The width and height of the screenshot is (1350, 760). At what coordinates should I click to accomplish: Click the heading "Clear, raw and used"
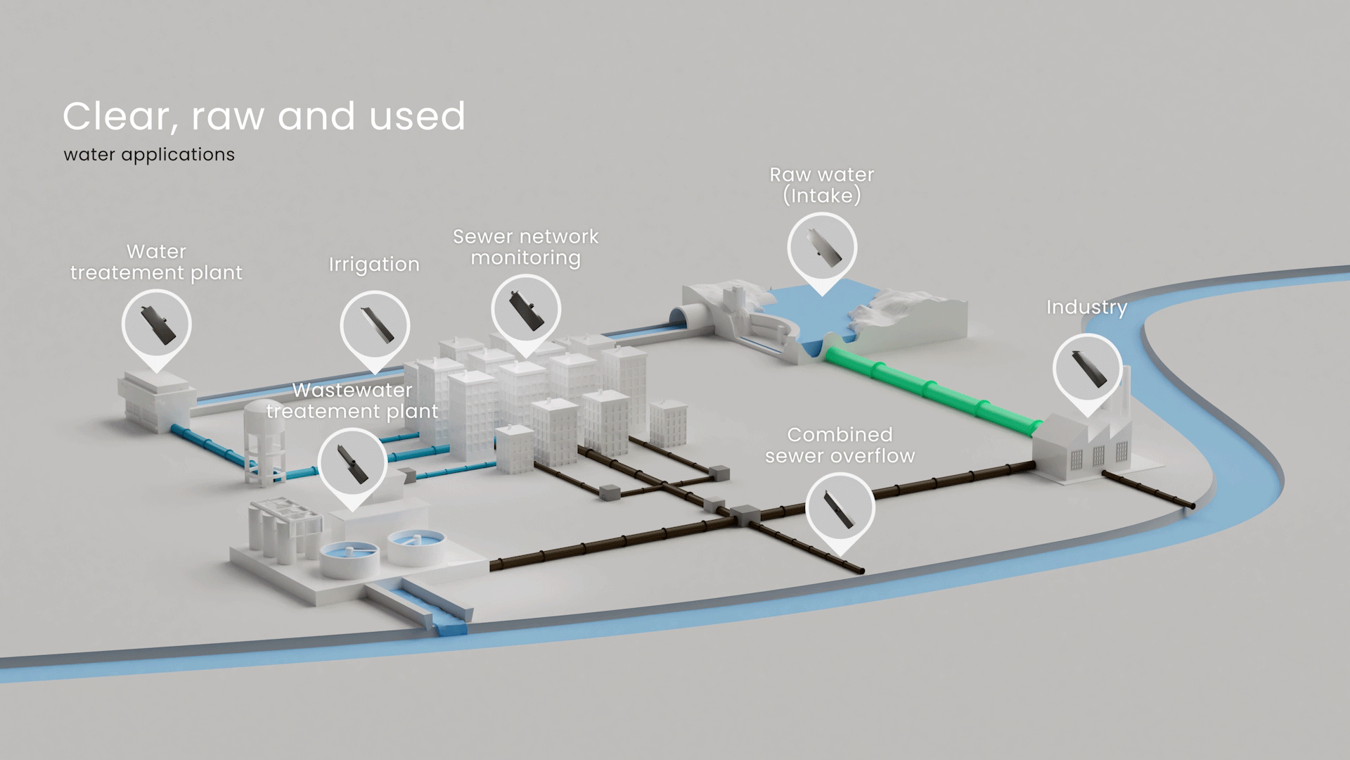[264, 116]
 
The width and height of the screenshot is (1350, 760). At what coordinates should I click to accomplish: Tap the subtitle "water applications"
[149, 155]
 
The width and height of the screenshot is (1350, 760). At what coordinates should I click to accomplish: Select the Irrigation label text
[374, 265]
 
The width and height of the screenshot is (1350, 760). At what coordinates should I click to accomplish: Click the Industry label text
[1086, 308]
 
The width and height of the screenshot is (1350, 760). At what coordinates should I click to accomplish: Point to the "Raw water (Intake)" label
[822, 185]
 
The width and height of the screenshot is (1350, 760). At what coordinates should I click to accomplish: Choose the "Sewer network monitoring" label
[525, 247]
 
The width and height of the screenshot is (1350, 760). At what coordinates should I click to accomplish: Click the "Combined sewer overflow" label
[840, 445]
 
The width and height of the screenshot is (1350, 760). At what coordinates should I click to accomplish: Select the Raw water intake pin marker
[822, 248]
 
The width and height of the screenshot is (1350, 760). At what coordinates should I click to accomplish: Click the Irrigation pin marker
[375, 326]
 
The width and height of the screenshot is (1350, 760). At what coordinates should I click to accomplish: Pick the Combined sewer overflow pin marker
[840, 508]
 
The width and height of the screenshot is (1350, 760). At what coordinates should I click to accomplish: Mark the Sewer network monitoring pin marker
[526, 310]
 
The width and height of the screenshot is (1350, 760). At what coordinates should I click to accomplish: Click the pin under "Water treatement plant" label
[157, 324]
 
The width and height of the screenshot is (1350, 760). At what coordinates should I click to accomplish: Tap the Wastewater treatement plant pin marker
[352, 463]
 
